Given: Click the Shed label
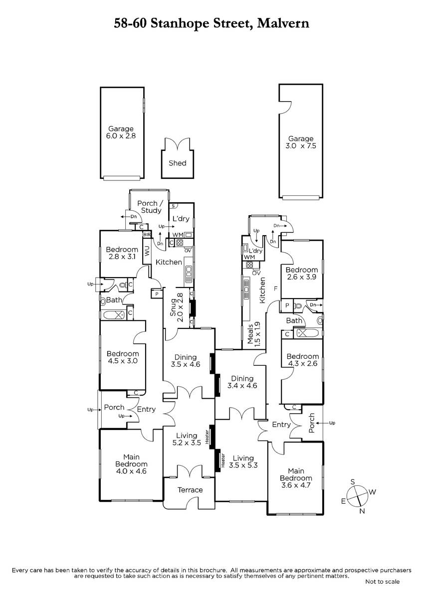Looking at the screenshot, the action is (178, 163).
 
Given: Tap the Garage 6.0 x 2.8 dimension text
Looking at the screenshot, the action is (121, 136).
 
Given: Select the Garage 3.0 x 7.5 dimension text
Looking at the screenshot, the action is (301, 146).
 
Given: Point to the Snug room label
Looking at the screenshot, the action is (173, 307).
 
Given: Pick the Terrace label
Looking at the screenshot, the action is (190, 490).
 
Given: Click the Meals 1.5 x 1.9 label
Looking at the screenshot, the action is (253, 334).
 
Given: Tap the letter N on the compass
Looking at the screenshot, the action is (362, 511).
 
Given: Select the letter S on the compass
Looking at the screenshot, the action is (353, 482).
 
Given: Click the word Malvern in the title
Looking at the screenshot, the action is (283, 23).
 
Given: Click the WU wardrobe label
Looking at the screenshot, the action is (147, 251).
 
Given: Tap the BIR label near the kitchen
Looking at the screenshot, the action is (147, 235).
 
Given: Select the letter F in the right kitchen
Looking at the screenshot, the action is (276, 289).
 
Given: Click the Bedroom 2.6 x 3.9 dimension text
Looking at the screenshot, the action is (301, 277).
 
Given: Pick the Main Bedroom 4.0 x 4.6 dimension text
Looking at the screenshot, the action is (131, 471).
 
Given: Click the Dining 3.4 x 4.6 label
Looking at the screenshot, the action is (242, 382).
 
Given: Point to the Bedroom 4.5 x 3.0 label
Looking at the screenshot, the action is (123, 357).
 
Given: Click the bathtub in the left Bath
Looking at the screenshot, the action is (114, 315).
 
